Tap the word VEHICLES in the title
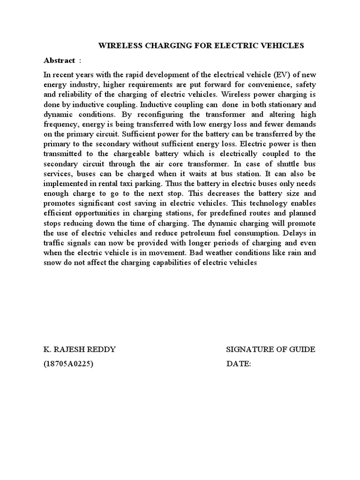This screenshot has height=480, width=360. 284,45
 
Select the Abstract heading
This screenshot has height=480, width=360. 59,60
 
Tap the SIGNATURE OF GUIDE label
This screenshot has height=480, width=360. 270,350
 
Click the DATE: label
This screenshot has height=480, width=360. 239,364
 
